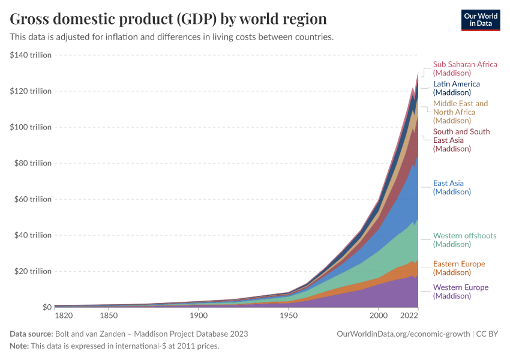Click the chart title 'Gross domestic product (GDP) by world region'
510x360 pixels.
pyautogui.click(x=168, y=19)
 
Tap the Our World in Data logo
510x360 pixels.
pyautogui.click(x=480, y=20)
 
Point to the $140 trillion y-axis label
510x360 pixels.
pyautogui.click(x=31, y=55)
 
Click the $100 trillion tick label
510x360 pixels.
pyautogui.click(x=31, y=127)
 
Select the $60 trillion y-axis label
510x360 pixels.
pyautogui.click(x=32, y=199)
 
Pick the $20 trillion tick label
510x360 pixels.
pyautogui.click(x=32, y=271)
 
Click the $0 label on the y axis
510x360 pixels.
pyautogui.click(x=46, y=307)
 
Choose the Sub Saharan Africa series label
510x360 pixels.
pyautogui.click(x=465, y=68)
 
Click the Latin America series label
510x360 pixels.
pyautogui.click(x=456, y=88)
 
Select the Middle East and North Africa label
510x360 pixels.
pyautogui.click(x=460, y=112)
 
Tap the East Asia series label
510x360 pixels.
pyautogui.click(x=452, y=188)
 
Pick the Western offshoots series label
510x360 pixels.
pyautogui.click(x=464, y=240)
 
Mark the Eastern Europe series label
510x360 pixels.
pyautogui.click(x=459, y=268)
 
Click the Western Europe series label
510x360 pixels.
pyautogui.click(x=461, y=292)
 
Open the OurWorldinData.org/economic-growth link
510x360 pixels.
pyautogui.click(x=404, y=334)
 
